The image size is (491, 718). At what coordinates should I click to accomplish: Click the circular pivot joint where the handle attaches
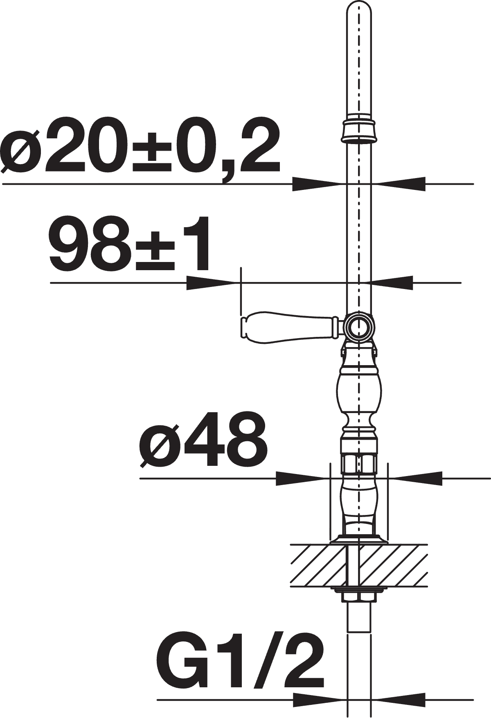[359, 326]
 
